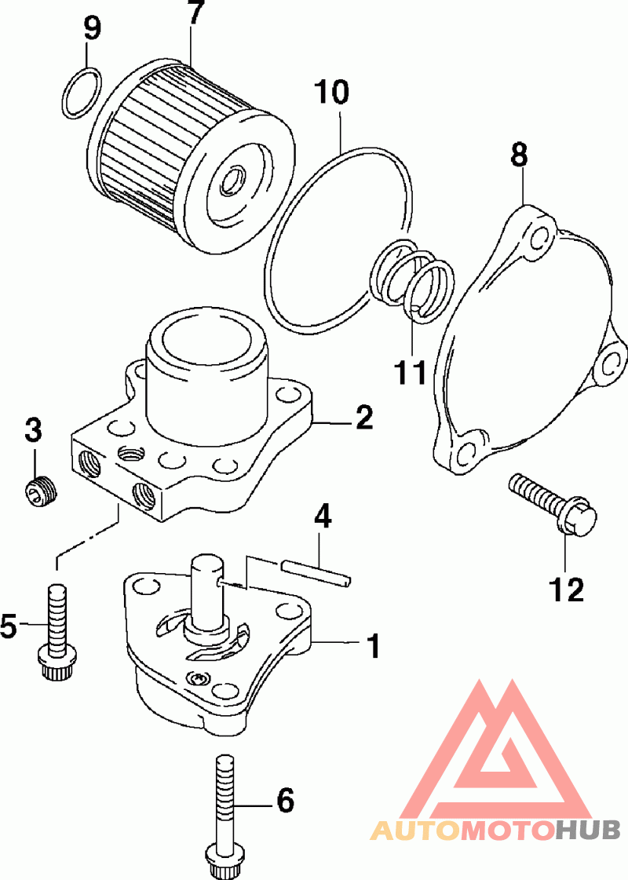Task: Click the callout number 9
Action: (93, 29)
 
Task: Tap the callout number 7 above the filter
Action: (195, 14)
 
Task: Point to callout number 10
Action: (331, 92)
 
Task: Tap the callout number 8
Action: (520, 155)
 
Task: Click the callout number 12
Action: (567, 588)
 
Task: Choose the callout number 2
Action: (363, 418)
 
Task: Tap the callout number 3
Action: (33, 430)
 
